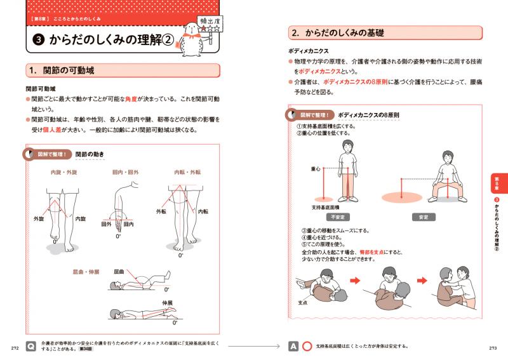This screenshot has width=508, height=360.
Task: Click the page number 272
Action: click(x=14, y=347)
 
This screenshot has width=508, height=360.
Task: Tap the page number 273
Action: click(x=493, y=347)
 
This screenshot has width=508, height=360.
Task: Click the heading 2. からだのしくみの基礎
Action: click(x=337, y=32)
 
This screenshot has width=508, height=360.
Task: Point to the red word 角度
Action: click(x=147, y=99)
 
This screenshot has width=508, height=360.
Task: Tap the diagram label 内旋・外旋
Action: click(x=65, y=171)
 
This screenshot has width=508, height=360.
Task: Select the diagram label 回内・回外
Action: click(x=124, y=171)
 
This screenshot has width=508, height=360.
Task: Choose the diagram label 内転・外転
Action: click(x=187, y=171)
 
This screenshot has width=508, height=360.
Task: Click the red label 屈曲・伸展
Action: click(x=86, y=272)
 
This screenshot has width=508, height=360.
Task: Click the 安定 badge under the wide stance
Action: click(x=424, y=217)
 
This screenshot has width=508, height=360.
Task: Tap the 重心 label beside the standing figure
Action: click(x=316, y=169)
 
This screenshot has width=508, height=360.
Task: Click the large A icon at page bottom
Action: click(x=293, y=347)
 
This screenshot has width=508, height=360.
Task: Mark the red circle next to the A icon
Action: click(x=307, y=347)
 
